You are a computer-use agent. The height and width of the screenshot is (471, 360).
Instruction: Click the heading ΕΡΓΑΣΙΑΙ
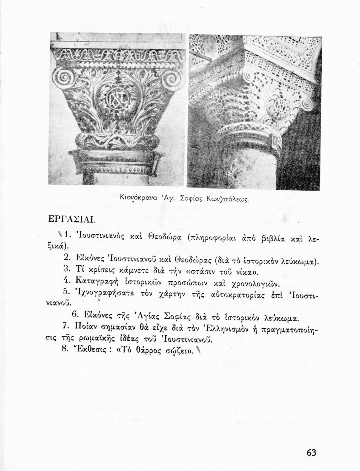coord(70,219)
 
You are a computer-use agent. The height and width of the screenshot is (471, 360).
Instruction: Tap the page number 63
coord(310,452)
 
